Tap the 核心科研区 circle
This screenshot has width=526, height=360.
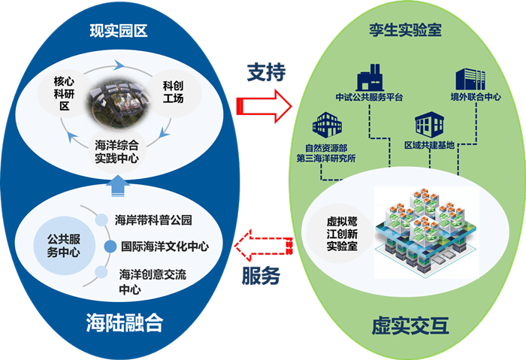pyautogui.click(x=62, y=93)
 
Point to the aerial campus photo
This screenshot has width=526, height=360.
pyautogui.click(x=119, y=105)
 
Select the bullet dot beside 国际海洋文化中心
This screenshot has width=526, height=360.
pyautogui.click(x=107, y=246)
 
